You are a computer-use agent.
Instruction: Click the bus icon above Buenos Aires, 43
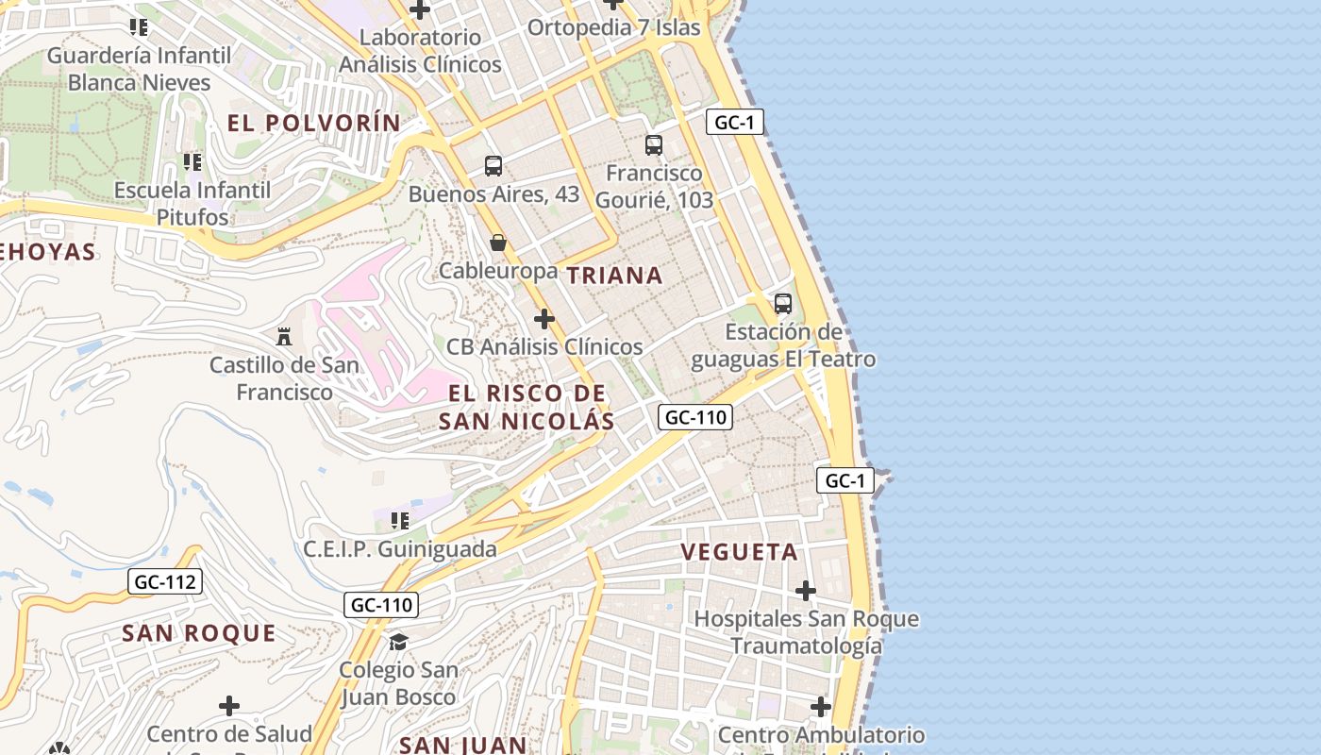pos(493,166)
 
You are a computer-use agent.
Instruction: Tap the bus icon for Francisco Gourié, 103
pos(653,145)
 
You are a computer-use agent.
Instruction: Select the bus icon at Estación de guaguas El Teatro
pos(782,304)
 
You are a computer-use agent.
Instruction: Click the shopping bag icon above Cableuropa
pos(497,243)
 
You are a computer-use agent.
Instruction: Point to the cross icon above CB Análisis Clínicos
pos(543,319)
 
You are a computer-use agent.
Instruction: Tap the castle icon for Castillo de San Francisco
pos(283,336)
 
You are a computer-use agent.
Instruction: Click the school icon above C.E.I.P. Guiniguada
pos(400,520)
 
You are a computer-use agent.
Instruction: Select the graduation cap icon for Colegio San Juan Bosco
pos(398,642)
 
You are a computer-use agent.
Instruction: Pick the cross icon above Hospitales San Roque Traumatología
pos(805,591)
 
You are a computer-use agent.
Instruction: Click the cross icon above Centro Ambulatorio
pos(820,706)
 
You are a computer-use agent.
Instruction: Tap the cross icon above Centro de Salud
pos(228,706)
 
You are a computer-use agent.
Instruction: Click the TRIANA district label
pos(614,276)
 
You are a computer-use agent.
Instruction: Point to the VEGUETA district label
pos(739,552)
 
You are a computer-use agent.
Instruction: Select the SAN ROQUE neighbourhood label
pos(199,633)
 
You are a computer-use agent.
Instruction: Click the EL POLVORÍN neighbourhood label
pos(314,123)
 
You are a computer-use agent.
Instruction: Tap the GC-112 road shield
pos(165,581)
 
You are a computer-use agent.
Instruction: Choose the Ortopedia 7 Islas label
pos(613,26)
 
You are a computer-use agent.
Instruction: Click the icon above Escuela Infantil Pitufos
pos(192,162)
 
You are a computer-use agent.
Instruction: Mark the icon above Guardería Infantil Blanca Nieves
pos(140,27)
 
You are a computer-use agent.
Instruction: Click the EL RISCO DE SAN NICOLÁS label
pos(526,407)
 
